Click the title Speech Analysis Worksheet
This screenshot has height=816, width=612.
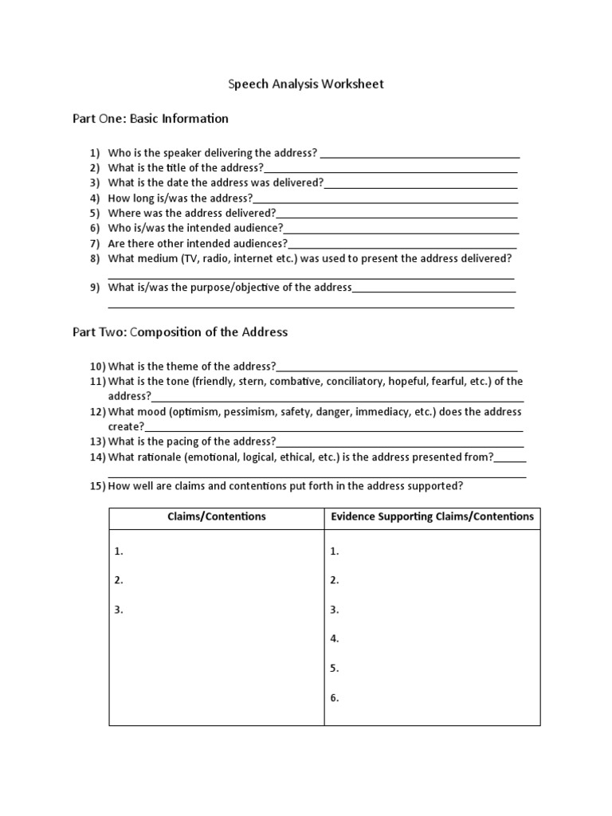coord(306,84)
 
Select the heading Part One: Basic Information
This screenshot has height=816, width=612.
coord(151,119)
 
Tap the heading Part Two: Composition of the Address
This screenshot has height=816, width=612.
coord(180,331)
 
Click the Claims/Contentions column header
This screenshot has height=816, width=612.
coord(216,516)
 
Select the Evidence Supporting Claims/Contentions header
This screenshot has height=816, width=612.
coord(432,516)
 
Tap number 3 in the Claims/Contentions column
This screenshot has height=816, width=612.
coord(119,610)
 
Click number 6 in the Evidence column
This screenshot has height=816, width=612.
coord(335,697)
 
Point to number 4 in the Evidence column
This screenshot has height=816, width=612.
coord(335,638)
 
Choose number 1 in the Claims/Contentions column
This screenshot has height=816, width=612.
coord(119,551)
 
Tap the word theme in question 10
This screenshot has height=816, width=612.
coord(183,367)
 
